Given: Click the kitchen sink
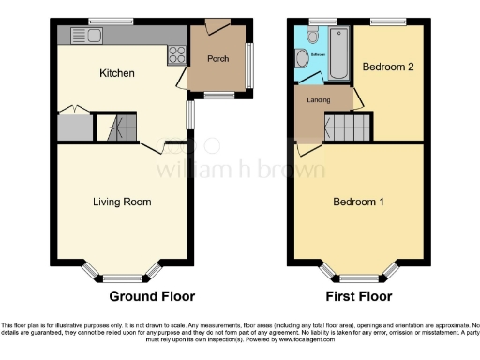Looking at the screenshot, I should point(95,35).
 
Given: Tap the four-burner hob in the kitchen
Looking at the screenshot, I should point(175,54).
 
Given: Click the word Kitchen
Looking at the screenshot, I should point(118,73).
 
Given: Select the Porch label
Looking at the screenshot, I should point(218,58).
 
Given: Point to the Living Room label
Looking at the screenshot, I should point(122,202).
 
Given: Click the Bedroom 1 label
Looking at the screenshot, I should point(360,202).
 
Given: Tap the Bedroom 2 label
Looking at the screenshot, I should point(387,68).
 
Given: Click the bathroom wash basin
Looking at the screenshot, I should point(301,59).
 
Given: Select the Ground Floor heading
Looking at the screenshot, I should point(146,297).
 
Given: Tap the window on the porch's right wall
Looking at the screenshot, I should point(251,62).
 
